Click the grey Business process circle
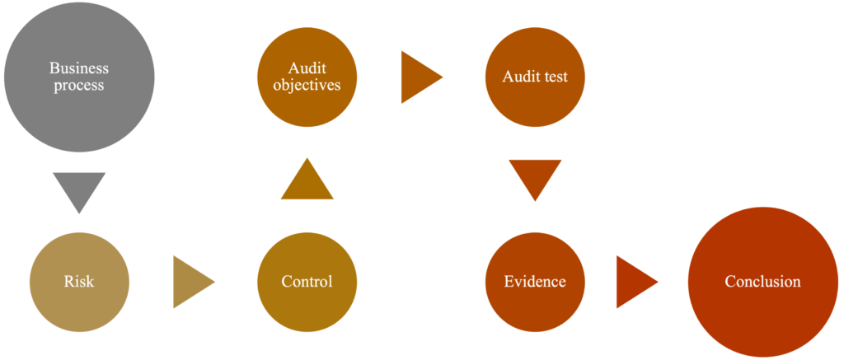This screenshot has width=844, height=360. click(79, 77)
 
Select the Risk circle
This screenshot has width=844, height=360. click(79, 282)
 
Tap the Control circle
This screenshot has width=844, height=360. click(307, 282)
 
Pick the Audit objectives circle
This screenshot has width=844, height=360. click(307, 77)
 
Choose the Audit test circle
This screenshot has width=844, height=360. click(535, 77)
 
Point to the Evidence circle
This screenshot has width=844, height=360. click(535, 282)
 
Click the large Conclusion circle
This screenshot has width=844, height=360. click(762, 282)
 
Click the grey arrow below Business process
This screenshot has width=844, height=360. click(79, 189)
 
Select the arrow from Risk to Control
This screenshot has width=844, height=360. click(191, 282)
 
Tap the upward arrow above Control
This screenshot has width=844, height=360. click(307, 182)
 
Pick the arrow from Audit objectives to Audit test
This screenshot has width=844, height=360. click(420, 77)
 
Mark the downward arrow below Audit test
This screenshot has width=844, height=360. click(535, 177)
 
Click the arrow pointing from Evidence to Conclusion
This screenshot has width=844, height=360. click(635, 282)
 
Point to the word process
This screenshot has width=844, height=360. click(79, 86)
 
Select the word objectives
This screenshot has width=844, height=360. click(307, 86)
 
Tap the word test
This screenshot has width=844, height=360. click(558, 77)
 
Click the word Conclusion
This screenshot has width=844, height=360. click(762, 282)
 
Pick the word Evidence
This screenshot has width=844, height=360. click(535, 282)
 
